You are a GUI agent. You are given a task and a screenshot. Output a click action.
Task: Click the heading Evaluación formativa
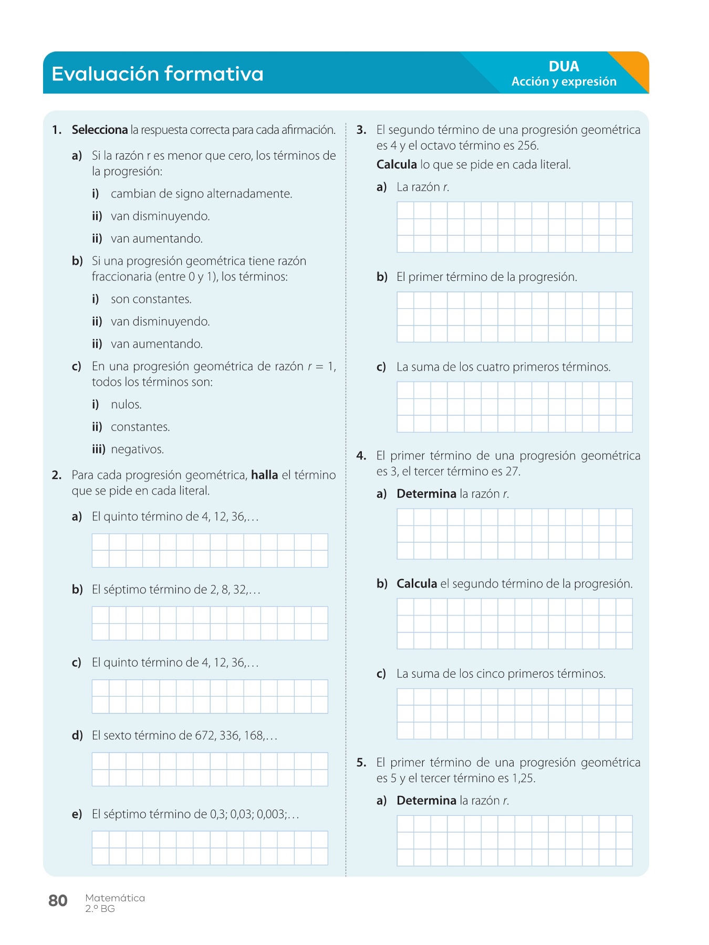[158, 74]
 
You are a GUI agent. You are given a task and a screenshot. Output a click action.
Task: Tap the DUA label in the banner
[564, 66]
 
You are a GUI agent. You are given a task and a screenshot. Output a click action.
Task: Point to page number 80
[58, 900]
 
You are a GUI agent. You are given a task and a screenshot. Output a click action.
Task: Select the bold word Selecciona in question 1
[100, 130]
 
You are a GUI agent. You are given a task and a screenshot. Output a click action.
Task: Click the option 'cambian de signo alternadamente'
[201, 194]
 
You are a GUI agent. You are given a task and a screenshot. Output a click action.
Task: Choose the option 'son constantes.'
[151, 299]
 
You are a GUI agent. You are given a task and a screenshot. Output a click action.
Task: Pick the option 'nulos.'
[126, 404]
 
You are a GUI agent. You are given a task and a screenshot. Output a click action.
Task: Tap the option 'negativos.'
[137, 449]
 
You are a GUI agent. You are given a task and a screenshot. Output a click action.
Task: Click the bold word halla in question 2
[264, 475]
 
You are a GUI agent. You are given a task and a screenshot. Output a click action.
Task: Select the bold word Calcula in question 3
[397, 165]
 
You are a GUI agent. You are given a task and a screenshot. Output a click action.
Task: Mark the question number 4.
[361, 456]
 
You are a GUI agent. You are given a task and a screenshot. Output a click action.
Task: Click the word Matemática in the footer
[115, 898]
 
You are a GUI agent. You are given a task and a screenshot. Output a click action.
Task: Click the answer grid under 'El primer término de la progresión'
[514, 317]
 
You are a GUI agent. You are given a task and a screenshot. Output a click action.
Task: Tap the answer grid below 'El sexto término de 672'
[210, 769]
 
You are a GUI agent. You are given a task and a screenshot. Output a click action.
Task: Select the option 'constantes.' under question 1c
[140, 427]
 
